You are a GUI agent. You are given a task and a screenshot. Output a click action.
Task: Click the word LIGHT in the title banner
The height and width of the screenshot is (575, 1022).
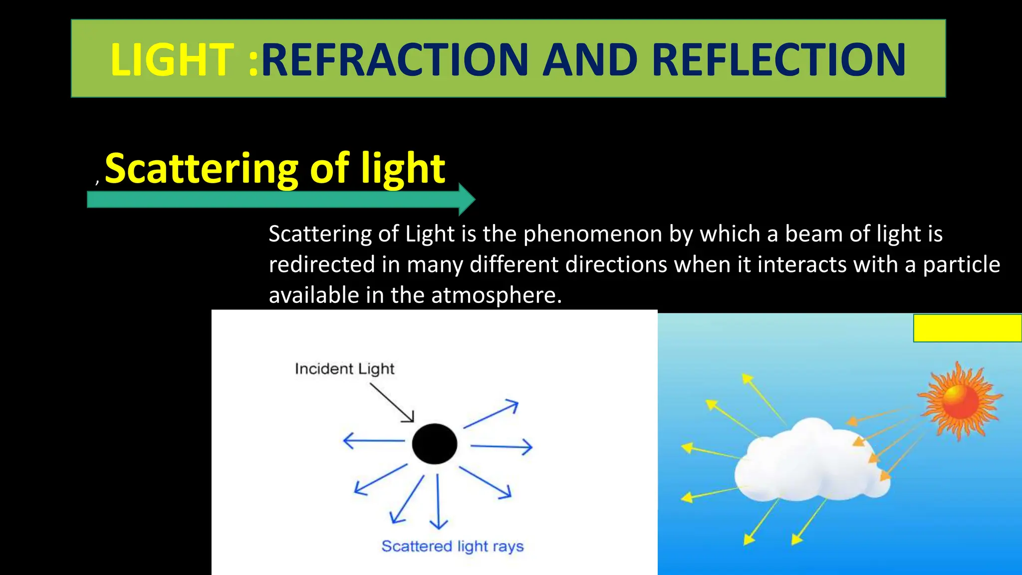[x=172, y=60]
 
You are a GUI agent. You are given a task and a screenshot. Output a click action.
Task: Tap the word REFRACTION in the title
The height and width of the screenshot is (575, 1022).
[x=394, y=60]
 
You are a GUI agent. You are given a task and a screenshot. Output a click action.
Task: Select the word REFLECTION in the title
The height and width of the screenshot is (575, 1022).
[x=778, y=60]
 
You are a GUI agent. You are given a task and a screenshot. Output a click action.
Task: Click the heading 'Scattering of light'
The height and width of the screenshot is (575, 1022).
[x=275, y=168]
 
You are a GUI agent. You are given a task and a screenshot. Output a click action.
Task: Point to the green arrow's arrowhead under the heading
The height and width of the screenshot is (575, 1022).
[x=466, y=199]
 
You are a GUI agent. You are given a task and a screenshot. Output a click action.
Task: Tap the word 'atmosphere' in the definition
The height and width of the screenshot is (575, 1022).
[x=496, y=295]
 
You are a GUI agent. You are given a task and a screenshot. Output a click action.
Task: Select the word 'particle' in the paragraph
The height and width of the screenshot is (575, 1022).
[x=961, y=265]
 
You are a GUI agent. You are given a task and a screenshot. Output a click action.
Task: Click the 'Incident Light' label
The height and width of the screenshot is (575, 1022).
[x=344, y=369]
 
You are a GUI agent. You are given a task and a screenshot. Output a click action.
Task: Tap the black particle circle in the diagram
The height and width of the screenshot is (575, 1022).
[x=434, y=444]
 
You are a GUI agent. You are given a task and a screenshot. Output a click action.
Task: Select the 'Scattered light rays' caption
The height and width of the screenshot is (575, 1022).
[x=453, y=546]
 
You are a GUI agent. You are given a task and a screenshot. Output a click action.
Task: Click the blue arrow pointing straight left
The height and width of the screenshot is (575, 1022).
[x=374, y=441]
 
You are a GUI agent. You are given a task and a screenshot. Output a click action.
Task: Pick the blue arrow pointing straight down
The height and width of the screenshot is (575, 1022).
[x=438, y=501]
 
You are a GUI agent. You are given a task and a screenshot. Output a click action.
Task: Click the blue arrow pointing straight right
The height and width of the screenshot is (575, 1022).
[x=502, y=446]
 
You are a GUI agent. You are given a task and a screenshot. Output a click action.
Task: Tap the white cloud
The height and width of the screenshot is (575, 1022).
[x=808, y=462]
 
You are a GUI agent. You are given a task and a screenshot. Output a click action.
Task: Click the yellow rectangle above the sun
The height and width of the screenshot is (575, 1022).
[x=967, y=328]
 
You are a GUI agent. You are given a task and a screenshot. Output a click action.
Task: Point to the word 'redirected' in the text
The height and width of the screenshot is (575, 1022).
[x=322, y=265]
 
